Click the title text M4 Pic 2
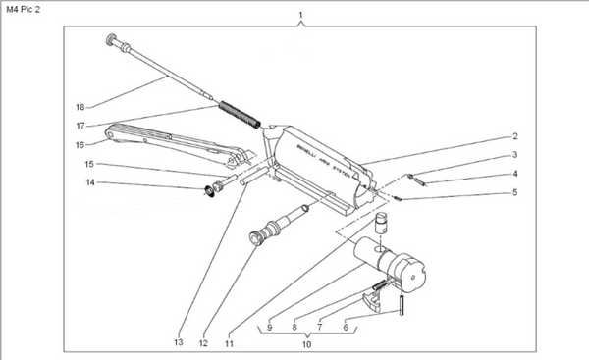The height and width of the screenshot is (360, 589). (26, 9)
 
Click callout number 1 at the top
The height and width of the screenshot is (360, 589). (300, 17)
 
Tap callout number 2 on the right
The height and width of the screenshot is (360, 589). (514, 138)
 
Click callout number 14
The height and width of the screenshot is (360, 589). (89, 182)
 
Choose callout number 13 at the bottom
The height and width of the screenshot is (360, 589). (178, 342)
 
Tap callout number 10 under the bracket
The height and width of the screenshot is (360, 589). (305, 344)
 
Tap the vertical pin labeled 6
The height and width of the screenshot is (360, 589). (402, 305)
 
